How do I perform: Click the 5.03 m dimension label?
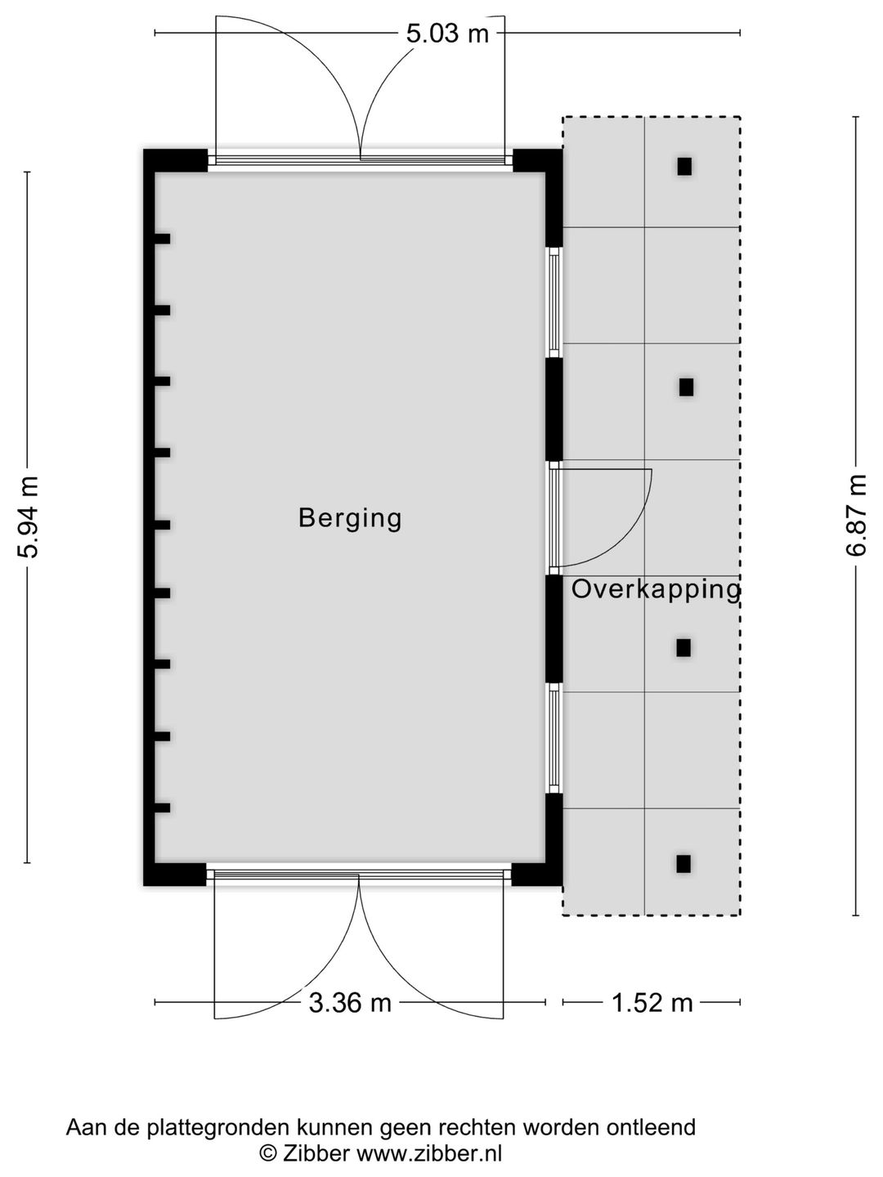coord(447,34)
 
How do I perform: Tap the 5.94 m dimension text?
coord(29,517)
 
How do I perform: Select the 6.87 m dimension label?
coord(856,515)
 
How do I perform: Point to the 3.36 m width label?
coord(350,1002)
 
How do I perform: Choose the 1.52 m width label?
coord(652,1002)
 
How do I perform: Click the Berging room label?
coord(350,518)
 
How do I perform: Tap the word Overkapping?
coord(656,590)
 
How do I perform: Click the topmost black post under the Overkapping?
coord(684,166)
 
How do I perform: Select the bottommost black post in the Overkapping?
coord(684,864)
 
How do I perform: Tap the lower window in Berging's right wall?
coord(554,737)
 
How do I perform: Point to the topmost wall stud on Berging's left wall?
coord(163,239)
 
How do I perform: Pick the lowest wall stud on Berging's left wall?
coord(163,808)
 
